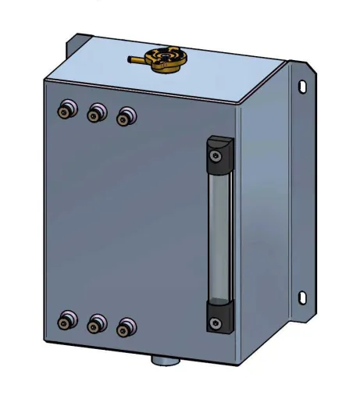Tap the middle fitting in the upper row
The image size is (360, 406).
[94, 114]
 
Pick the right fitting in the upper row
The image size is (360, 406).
[123, 117]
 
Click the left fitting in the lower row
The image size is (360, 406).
[66, 319]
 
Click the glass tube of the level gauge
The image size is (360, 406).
[218, 234]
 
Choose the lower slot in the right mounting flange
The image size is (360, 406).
[304, 297]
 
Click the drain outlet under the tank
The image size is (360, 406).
[163, 361]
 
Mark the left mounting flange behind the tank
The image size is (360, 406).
[77, 47]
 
